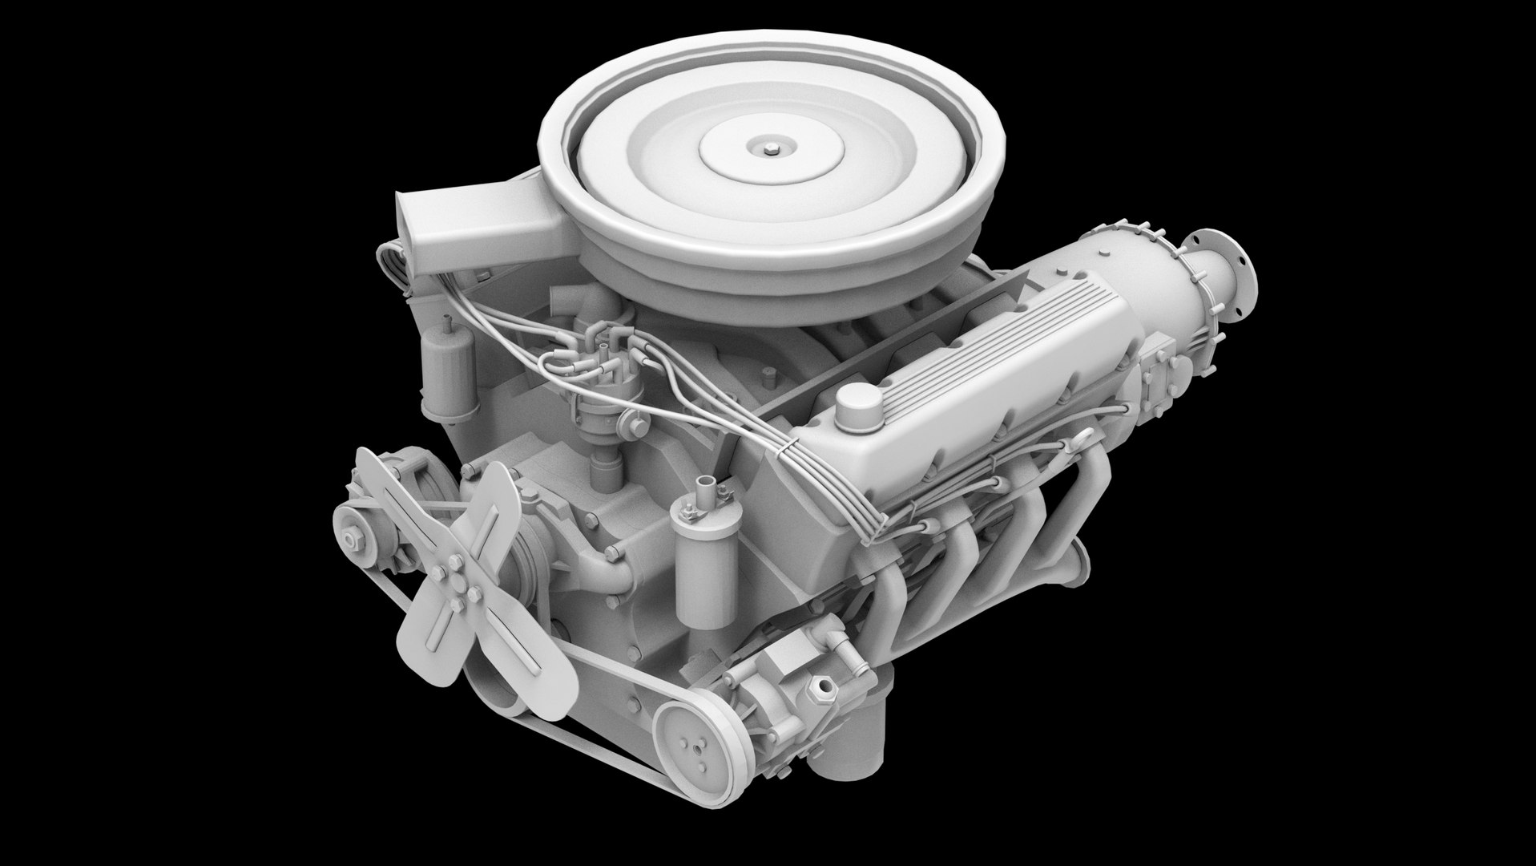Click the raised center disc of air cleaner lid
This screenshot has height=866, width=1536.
(768, 148)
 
